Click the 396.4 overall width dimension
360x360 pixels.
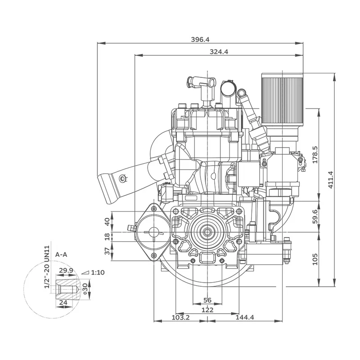point(200,40)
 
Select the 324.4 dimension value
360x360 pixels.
point(219,52)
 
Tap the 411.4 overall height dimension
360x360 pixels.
point(330,180)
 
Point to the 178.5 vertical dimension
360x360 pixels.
point(315,154)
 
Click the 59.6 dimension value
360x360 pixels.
point(315,216)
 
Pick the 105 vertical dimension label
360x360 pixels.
point(315,259)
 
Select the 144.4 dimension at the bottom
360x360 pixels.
point(245,317)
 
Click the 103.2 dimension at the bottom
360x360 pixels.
point(181,317)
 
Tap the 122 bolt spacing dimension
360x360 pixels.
point(207,310)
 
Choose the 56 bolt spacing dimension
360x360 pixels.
point(207,300)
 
